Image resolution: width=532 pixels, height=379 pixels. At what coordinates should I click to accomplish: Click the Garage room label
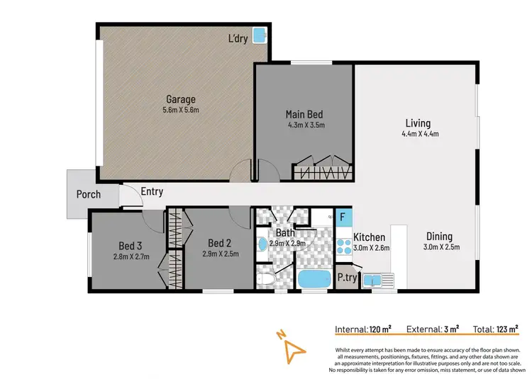181,99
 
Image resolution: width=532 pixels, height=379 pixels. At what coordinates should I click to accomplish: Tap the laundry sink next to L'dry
260,33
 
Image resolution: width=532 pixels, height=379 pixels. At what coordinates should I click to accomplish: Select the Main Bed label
305,114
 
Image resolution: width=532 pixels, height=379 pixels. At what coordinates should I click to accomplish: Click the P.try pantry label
346,278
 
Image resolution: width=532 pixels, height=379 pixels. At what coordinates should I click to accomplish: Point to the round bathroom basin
263,244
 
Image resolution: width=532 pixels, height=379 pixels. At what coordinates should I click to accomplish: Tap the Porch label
88,194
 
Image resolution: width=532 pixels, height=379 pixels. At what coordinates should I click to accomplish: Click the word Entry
152,191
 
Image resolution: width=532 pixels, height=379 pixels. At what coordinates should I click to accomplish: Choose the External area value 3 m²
451,329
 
